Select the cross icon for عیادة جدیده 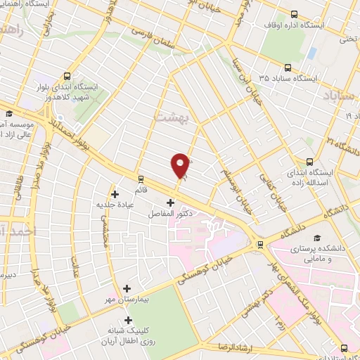click(115, 194)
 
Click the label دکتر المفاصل click(171, 212)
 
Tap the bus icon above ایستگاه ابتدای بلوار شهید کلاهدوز click(67, 77)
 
